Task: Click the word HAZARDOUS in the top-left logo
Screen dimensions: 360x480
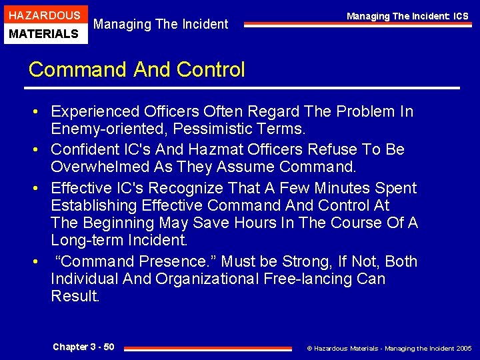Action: (43, 15)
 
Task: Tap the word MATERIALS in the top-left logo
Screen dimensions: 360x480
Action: (43, 33)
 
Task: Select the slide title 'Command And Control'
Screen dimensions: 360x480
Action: (137, 69)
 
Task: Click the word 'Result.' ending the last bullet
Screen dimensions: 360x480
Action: (75, 296)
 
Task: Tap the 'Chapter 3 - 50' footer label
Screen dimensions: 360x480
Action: (83, 347)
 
